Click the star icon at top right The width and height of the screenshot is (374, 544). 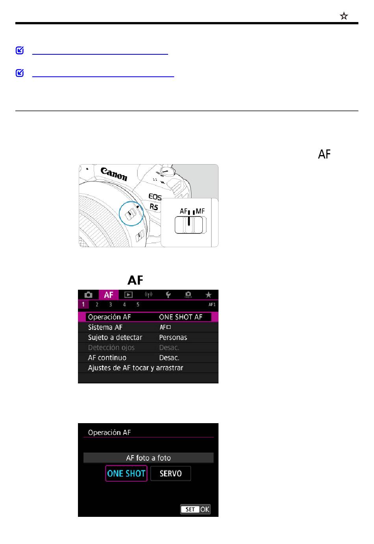(x=344, y=16)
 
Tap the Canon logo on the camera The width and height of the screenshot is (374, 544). (x=114, y=174)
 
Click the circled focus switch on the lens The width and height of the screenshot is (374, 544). (x=131, y=214)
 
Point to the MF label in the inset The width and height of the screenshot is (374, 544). (x=200, y=211)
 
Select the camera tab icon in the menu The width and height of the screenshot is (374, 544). (x=89, y=295)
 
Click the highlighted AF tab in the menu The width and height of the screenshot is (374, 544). (x=109, y=295)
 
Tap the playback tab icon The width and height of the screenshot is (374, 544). (x=128, y=295)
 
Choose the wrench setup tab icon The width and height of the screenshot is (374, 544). (x=168, y=295)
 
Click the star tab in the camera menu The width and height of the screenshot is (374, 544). (x=208, y=295)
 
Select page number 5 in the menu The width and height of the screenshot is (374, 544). (x=138, y=305)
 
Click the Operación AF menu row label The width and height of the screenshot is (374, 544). (x=109, y=317)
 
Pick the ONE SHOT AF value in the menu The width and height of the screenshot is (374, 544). (x=181, y=317)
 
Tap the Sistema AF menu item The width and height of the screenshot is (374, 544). (x=105, y=328)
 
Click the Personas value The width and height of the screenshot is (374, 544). (x=173, y=338)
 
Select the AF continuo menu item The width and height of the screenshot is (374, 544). (x=107, y=358)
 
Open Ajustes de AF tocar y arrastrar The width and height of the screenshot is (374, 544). (x=135, y=368)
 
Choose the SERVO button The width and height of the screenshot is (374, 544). (x=170, y=474)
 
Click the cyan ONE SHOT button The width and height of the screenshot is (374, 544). (x=126, y=474)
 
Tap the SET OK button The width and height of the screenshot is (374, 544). (x=195, y=509)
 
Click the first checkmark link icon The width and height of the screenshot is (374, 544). (x=20, y=50)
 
